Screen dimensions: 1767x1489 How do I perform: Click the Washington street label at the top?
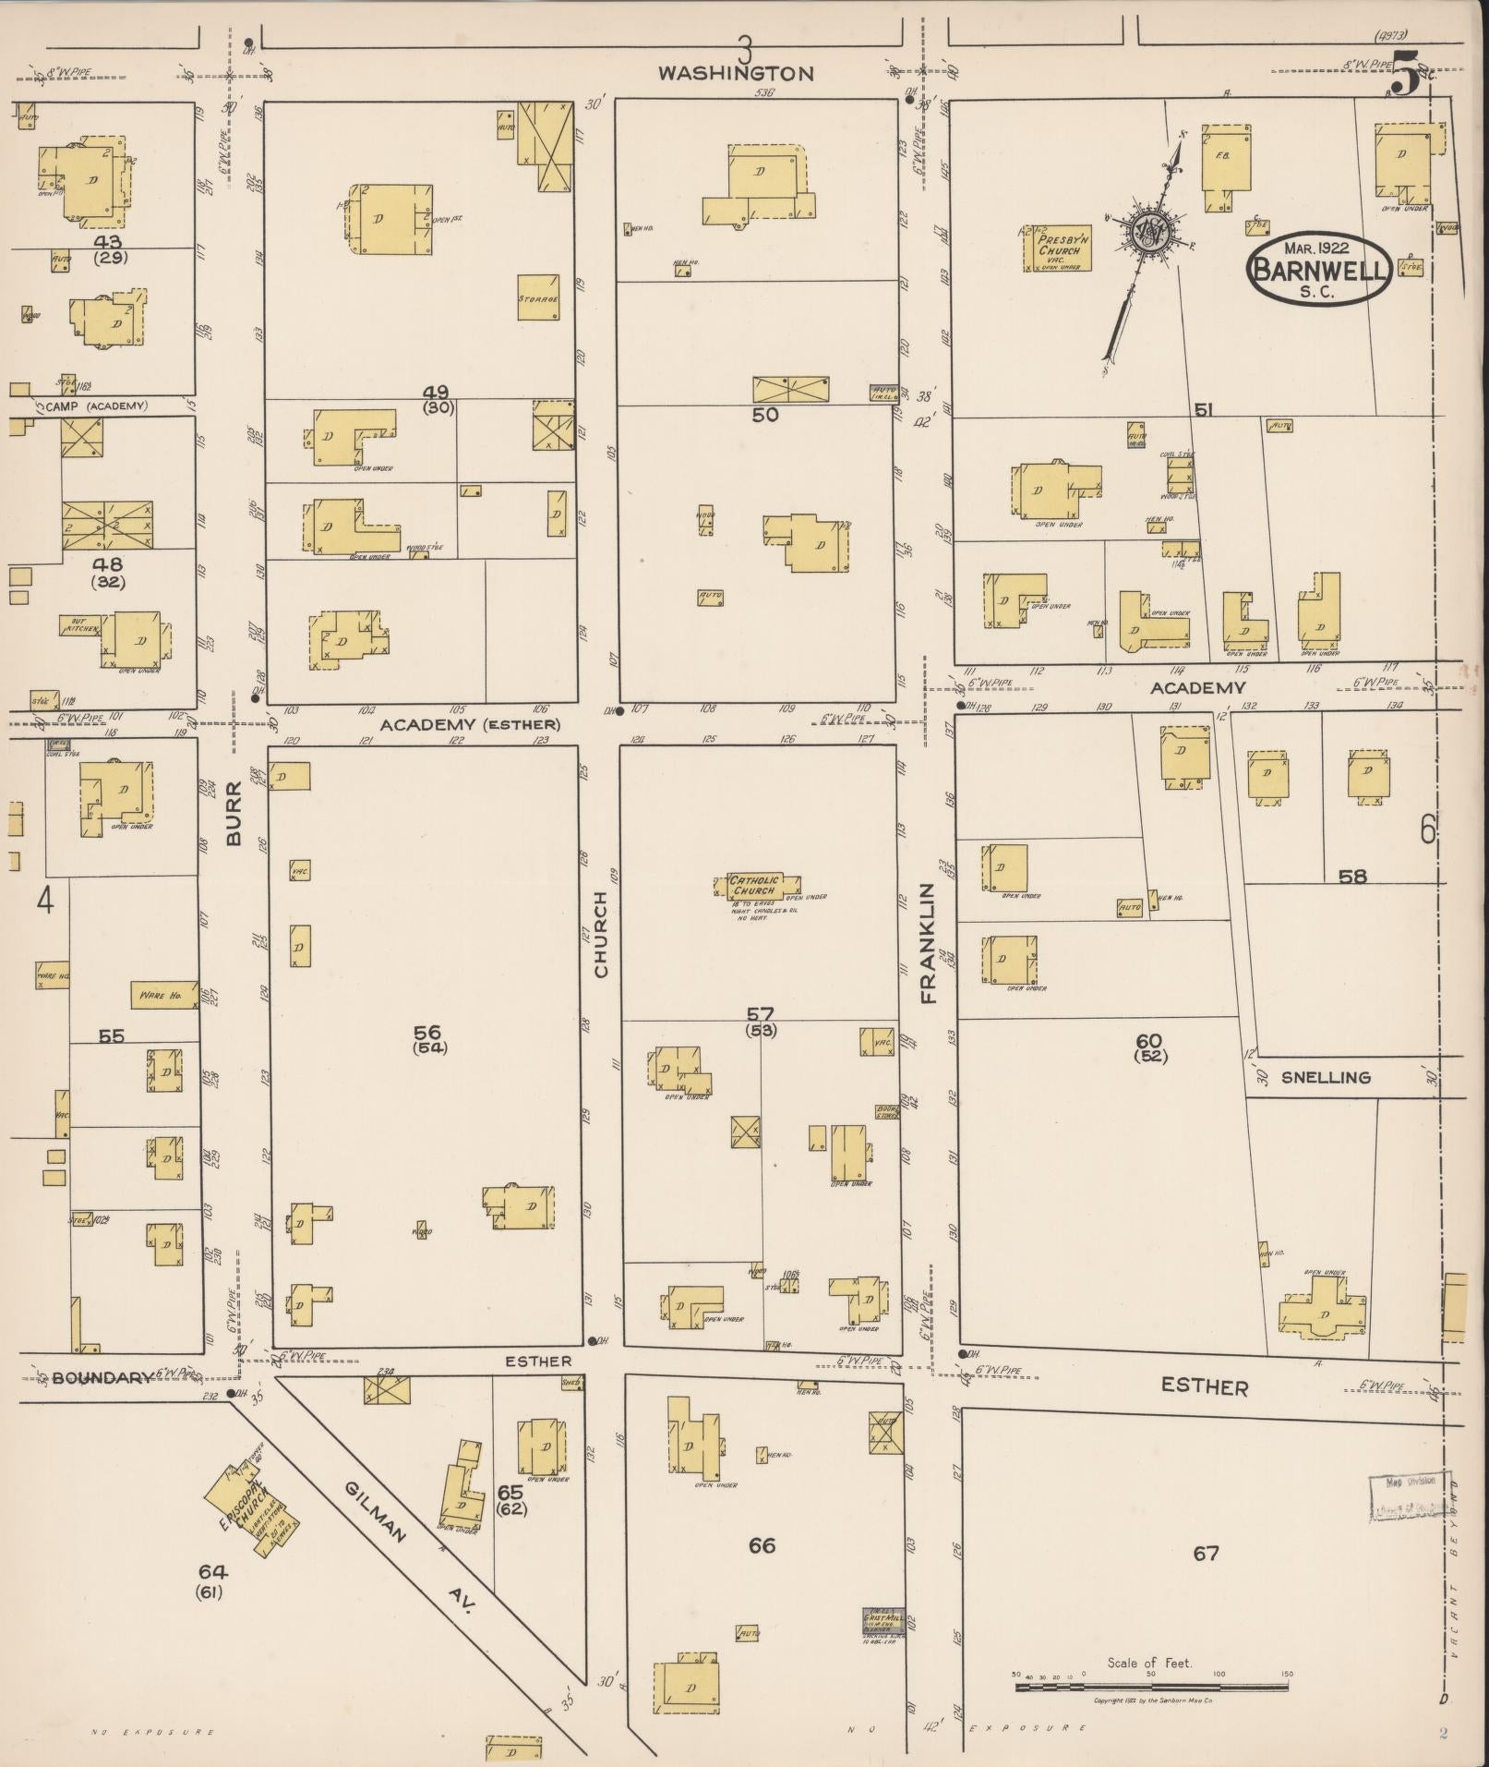click(736, 73)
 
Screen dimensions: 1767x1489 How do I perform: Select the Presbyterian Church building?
click(1058, 248)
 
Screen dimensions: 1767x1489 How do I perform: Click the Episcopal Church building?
click(245, 1502)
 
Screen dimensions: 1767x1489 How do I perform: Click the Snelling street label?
click(1326, 1077)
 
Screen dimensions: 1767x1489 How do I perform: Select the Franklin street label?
click(928, 942)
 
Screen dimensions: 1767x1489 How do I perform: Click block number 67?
click(1206, 1553)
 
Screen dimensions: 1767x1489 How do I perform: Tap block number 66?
click(762, 1545)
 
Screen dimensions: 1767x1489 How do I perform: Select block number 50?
click(764, 415)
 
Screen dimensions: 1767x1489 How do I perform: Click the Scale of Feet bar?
click(1151, 1687)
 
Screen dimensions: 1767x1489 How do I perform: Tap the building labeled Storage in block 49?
click(537, 297)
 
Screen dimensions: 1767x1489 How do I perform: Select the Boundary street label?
click(101, 1377)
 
